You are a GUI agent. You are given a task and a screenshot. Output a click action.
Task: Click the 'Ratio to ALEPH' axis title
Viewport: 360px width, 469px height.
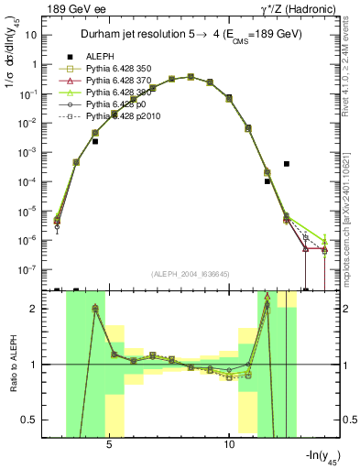(14, 365)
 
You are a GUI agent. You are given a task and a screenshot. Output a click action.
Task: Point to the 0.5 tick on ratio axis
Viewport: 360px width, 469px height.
(37, 420)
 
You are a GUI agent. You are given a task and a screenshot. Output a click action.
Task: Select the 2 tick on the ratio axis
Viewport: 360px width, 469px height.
(40, 309)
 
